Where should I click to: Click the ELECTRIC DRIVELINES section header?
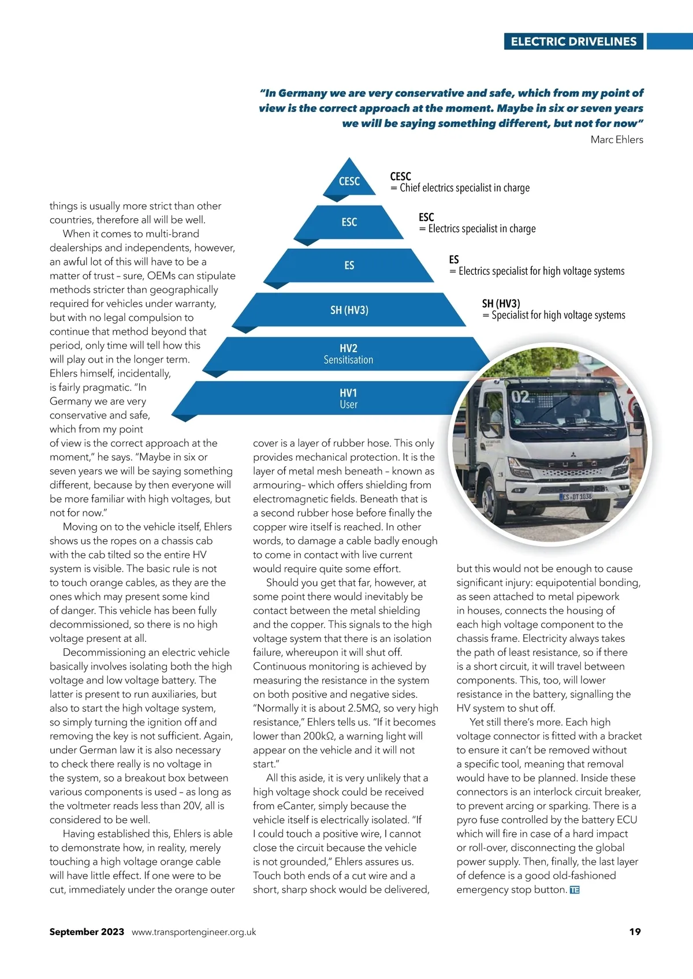(x=573, y=42)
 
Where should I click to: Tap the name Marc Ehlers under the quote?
(x=616, y=140)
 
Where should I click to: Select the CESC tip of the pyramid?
(x=349, y=181)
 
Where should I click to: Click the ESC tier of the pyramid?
(x=349, y=222)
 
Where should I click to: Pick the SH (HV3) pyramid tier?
(x=349, y=310)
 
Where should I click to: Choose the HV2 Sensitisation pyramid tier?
(x=348, y=354)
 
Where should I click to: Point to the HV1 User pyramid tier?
(x=348, y=398)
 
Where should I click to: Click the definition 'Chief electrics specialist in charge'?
(x=464, y=188)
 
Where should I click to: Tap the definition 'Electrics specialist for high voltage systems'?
(x=541, y=271)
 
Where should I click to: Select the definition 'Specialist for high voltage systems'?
(x=558, y=315)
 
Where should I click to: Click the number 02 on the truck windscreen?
(x=520, y=397)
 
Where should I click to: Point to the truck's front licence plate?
(x=576, y=496)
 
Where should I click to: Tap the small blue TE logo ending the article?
(x=575, y=890)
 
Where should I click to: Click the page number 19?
(x=635, y=932)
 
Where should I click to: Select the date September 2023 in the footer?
(x=87, y=932)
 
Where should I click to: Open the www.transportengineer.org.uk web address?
(x=193, y=932)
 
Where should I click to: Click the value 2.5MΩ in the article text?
(x=362, y=708)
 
